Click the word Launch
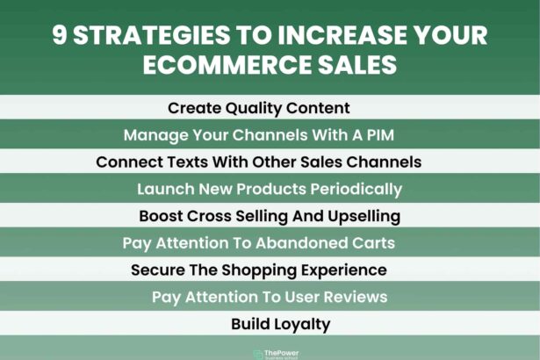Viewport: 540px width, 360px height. click(x=164, y=190)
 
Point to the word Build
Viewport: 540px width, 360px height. click(x=248, y=324)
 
